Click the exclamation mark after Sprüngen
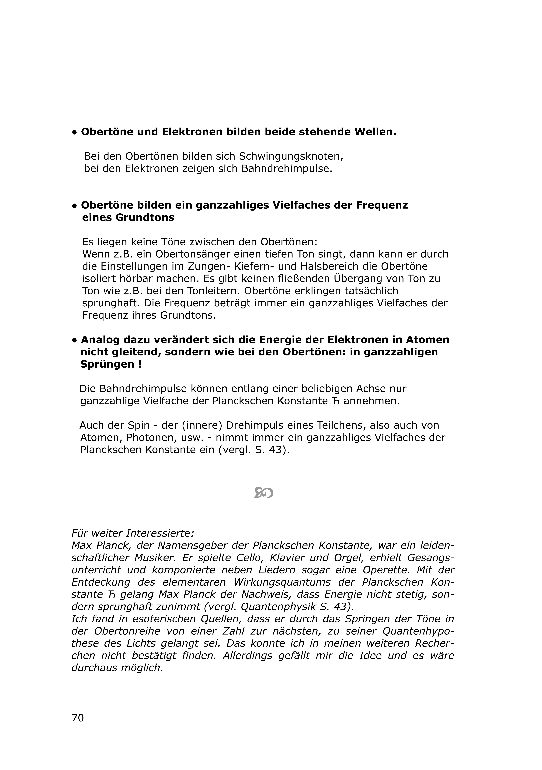(140, 364)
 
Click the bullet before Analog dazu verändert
(74, 340)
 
